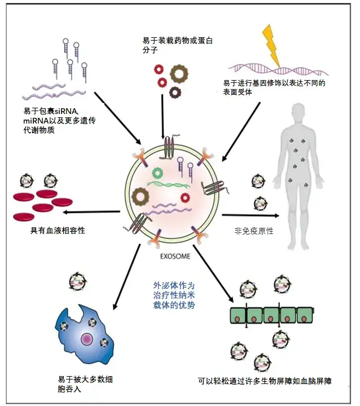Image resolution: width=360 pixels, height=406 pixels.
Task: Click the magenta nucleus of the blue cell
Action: [87, 338]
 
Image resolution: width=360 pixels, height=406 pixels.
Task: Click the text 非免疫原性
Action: [253, 231]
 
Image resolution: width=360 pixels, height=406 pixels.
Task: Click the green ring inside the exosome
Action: [156, 170]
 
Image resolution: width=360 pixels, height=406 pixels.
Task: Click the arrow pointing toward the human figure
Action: [251, 215]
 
